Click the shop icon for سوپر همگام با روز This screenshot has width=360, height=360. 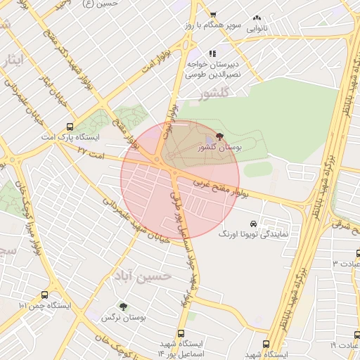pos(213,15)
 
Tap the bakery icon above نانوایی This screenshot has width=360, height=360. pos(257,18)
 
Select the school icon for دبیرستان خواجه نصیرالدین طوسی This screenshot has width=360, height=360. pos(212,53)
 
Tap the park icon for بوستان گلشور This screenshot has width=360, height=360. pos(220,136)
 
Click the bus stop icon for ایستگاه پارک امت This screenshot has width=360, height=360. pos(68,127)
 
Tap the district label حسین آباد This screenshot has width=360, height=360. pos(146,276)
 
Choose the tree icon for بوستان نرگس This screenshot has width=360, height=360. pos(124,307)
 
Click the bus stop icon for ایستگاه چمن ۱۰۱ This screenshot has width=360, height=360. pos(46,295)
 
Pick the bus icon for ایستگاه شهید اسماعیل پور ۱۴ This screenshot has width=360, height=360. pos(181,333)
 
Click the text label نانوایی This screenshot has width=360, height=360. pos(257,29)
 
